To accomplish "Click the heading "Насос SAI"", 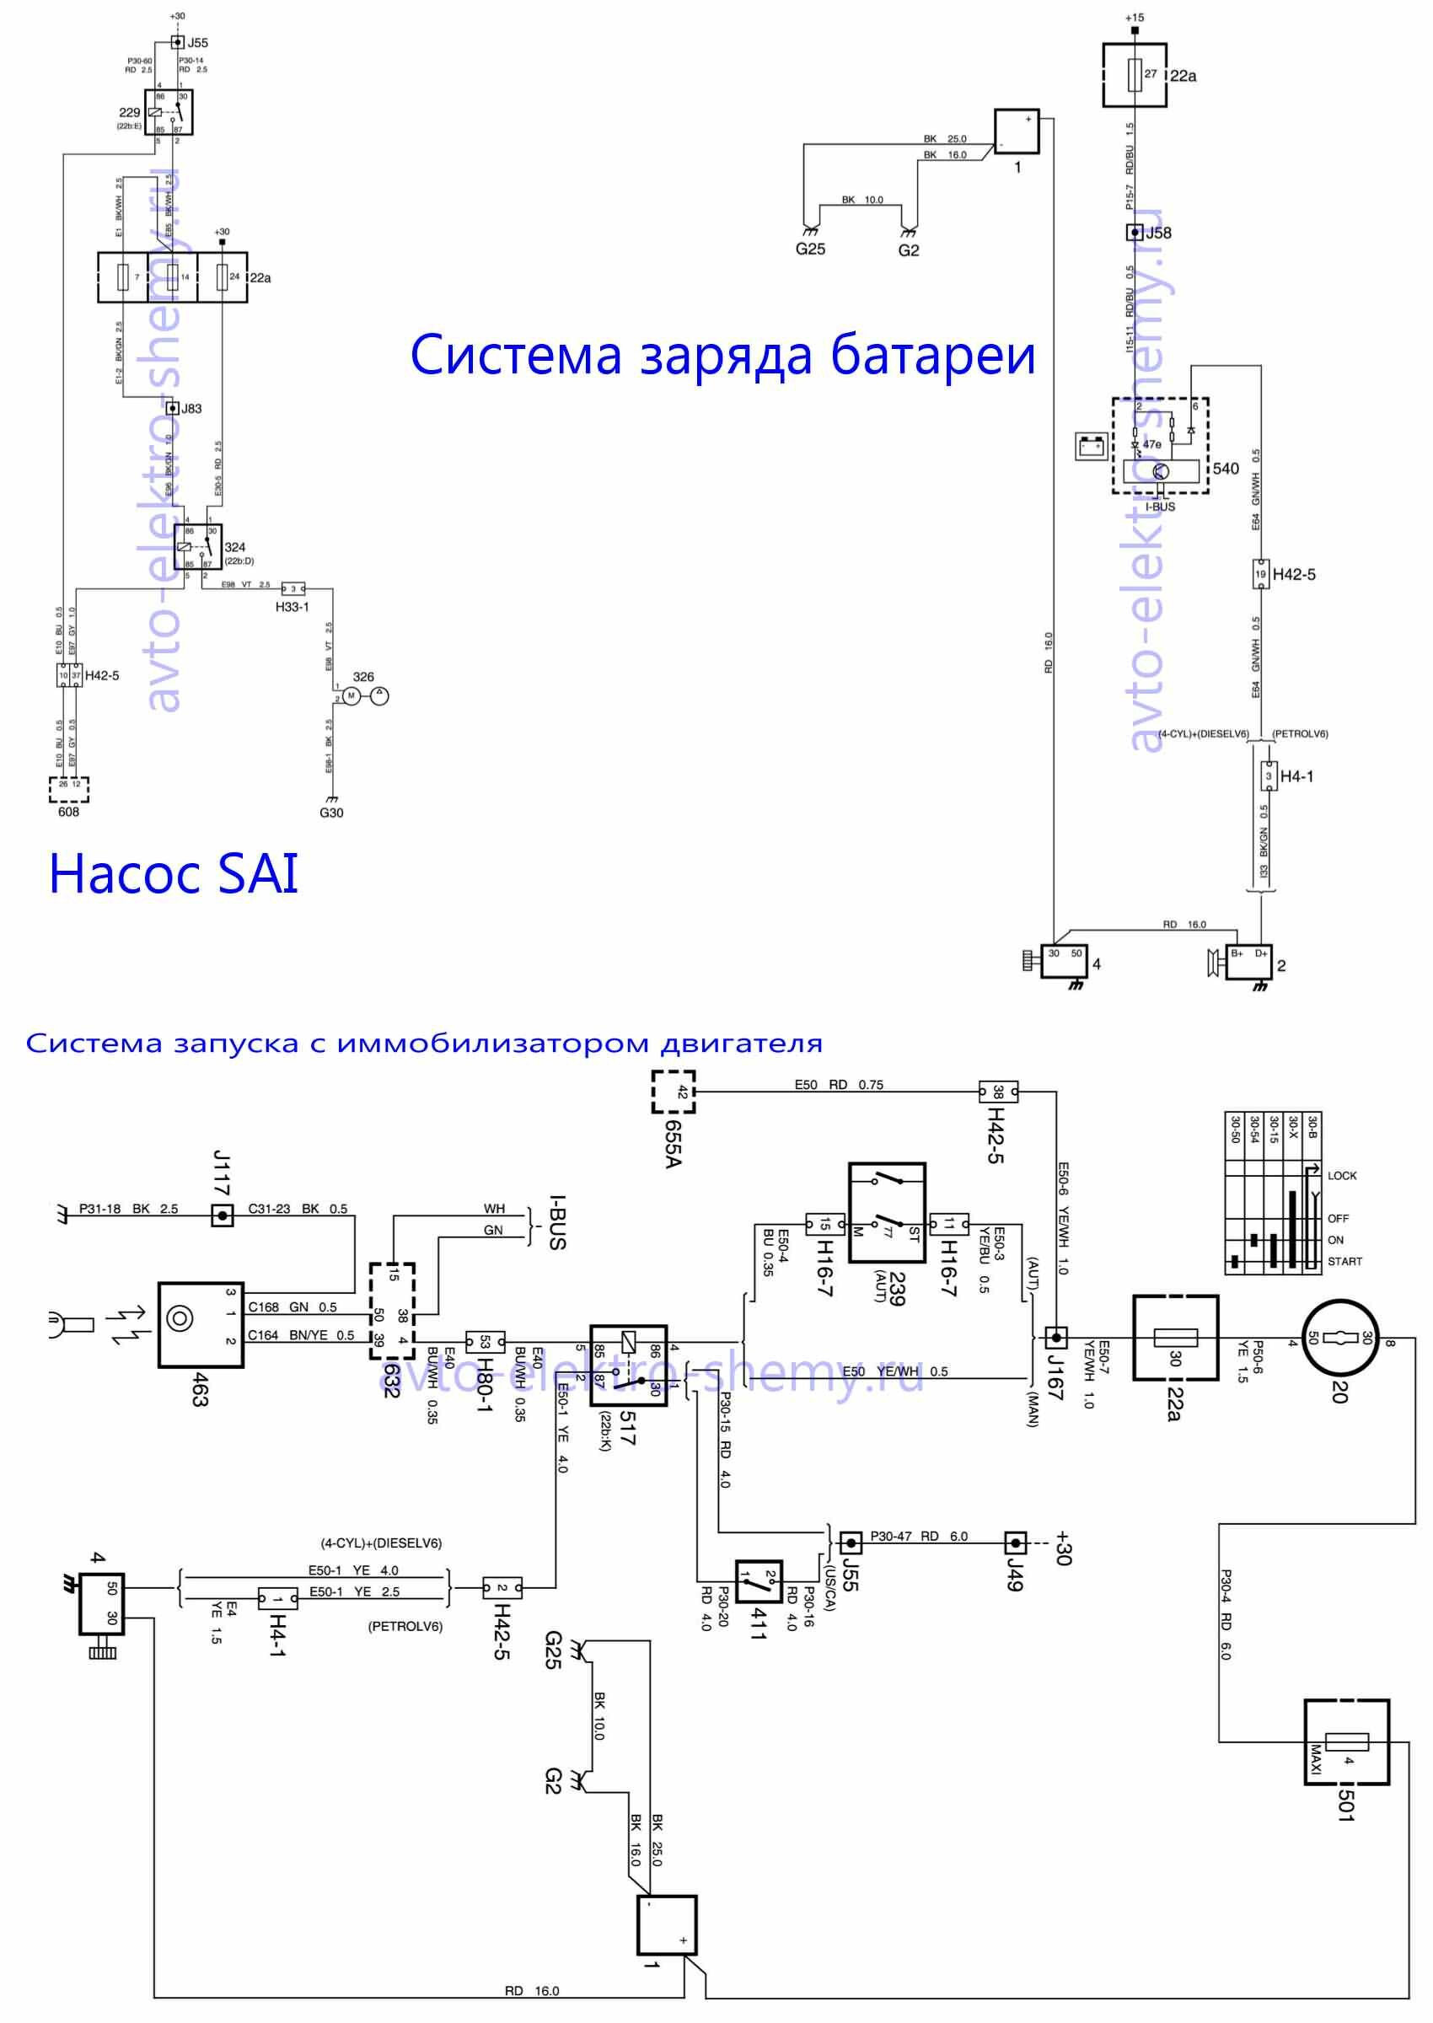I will click(173, 873).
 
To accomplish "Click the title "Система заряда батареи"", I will click(722, 355).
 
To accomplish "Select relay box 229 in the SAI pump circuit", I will click(169, 112).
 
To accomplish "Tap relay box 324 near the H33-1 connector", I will click(196, 547).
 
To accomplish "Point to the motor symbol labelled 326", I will click(352, 696).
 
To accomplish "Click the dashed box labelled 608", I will click(69, 789).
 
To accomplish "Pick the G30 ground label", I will click(332, 813).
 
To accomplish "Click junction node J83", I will click(173, 409).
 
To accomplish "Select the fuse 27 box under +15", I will click(1134, 75).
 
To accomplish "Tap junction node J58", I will click(1135, 233).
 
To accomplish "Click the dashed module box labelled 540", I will click(1159, 445).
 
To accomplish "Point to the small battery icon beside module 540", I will click(1092, 447).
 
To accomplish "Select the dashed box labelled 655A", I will click(674, 1092).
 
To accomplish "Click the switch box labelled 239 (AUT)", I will click(887, 1212).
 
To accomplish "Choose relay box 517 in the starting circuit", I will click(628, 1365).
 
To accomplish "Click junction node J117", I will click(223, 1215).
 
